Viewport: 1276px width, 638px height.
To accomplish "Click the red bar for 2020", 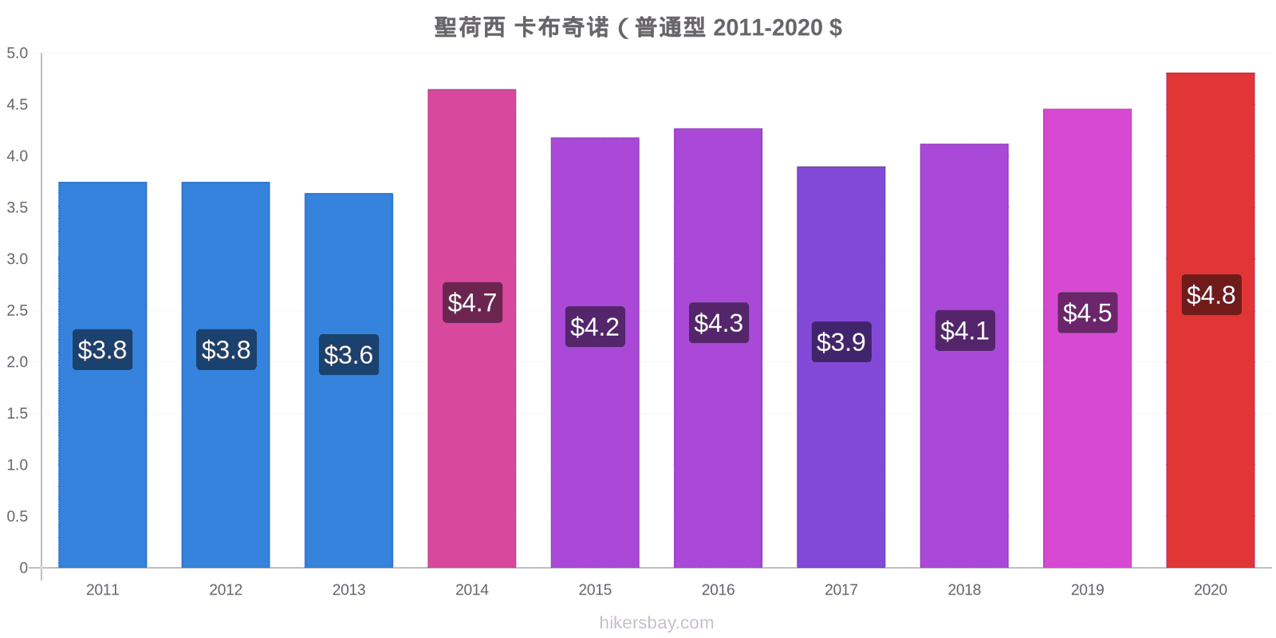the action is pyautogui.click(x=1211, y=320).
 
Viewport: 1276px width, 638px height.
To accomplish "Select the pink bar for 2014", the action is pyautogui.click(x=471, y=328).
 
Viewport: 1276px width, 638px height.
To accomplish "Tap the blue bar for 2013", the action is pyautogui.click(x=349, y=380).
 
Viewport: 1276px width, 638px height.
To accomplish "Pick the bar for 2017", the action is pyautogui.click(x=841, y=367).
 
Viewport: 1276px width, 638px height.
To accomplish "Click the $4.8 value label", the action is pyautogui.click(x=1211, y=295).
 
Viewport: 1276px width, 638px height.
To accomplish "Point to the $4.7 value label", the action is pyautogui.click(x=472, y=302).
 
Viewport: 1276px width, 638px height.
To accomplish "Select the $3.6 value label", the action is pyautogui.click(x=349, y=355).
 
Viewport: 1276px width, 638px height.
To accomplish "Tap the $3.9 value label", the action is pyautogui.click(x=841, y=342).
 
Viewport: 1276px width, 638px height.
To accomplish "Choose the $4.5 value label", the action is pyautogui.click(x=1088, y=313).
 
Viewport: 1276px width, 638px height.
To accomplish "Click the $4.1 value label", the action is pyautogui.click(x=965, y=330).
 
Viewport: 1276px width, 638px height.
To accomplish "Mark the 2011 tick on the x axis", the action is pyautogui.click(x=103, y=589).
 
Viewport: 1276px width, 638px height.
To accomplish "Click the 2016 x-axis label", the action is pyautogui.click(x=718, y=589).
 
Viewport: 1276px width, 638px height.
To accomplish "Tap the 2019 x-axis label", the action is pyautogui.click(x=1087, y=589).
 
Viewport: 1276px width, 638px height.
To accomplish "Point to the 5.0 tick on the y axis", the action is pyautogui.click(x=17, y=53).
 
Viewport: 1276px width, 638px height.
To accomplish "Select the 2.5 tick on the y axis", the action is pyautogui.click(x=17, y=310).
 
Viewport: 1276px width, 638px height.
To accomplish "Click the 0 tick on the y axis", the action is pyautogui.click(x=23, y=567).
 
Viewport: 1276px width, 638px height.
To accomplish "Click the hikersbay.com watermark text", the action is pyautogui.click(x=656, y=623).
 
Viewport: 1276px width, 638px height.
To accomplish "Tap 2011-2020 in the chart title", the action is pyautogui.click(x=768, y=27).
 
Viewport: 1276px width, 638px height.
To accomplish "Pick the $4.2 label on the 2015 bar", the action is pyautogui.click(x=595, y=327).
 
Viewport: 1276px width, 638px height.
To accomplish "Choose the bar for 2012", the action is pyautogui.click(x=226, y=375).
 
